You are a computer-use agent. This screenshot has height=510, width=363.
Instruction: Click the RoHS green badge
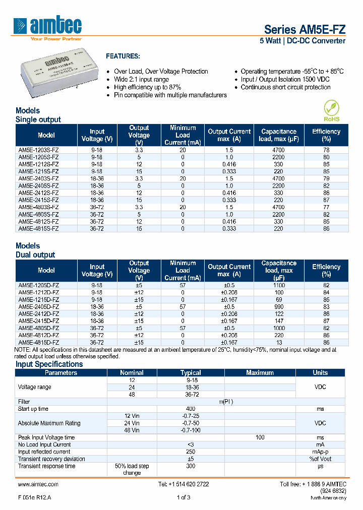[x=331, y=111]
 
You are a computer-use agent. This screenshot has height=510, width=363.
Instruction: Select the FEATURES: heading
[x=123, y=56]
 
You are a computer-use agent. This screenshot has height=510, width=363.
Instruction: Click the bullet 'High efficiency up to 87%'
[x=147, y=87]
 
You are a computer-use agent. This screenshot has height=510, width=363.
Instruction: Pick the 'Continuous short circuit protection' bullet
[x=285, y=87]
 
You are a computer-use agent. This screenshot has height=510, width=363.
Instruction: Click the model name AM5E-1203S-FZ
[x=38, y=150]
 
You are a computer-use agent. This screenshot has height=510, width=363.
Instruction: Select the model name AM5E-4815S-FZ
[x=38, y=228]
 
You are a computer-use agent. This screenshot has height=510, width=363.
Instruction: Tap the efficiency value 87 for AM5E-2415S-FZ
[x=326, y=200]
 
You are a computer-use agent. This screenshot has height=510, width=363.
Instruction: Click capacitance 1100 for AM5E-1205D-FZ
[x=278, y=285]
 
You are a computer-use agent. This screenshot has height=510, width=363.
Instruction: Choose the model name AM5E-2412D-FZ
[x=38, y=313]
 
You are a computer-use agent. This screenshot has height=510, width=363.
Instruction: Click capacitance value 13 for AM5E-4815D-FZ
[x=278, y=342]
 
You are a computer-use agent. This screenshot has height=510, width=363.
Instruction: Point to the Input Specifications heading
[x=49, y=364]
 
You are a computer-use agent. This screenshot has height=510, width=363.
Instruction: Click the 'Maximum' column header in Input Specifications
[x=260, y=373]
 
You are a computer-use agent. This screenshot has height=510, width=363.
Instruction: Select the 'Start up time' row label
[x=33, y=409]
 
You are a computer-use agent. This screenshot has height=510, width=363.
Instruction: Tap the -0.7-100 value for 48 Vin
[x=191, y=430]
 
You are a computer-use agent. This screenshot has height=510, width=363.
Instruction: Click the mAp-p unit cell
[x=320, y=452]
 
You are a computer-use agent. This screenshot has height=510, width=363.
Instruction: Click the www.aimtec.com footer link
[x=38, y=484]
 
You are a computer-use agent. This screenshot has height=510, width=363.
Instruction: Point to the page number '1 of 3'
[x=184, y=497]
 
